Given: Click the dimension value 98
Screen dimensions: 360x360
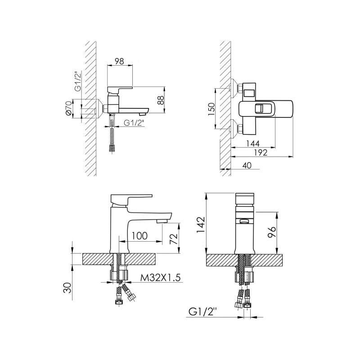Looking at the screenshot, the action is click(x=119, y=61).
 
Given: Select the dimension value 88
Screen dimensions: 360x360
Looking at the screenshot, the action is click(x=162, y=100).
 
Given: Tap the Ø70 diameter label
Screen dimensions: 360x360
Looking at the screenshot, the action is click(x=68, y=109).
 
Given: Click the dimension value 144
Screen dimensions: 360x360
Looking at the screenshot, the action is click(x=253, y=144).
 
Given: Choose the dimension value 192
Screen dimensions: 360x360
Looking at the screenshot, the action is click(x=261, y=153).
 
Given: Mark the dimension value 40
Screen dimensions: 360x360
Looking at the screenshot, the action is click(x=247, y=165).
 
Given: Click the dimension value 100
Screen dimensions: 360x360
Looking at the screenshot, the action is click(x=140, y=236).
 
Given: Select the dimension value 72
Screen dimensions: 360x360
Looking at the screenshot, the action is click(x=174, y=239).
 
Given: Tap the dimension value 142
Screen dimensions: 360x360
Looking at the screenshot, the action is click(x=200, y=225).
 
